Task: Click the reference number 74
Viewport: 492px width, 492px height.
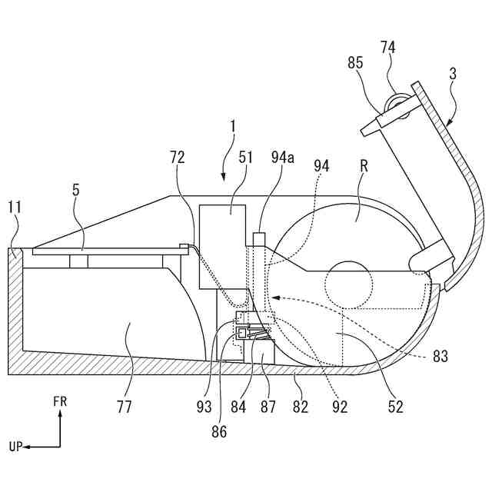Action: [x=387, y=48]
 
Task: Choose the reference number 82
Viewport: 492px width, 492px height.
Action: [x=300, y=407]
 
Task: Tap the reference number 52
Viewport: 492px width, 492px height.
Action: [x=394, y=407]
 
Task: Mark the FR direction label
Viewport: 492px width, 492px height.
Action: [x=61, y=401]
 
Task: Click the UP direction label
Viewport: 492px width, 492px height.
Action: [x=16, y=446]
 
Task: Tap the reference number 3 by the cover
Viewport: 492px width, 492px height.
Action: [x=453, y=75]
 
